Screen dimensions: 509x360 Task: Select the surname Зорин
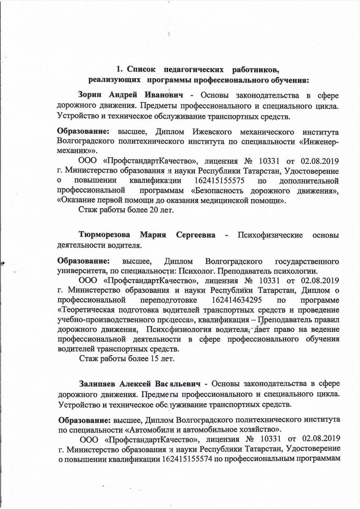coord(90,95)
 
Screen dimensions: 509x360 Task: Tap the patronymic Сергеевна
coord(195,235)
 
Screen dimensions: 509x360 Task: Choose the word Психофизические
coord(270,235)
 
